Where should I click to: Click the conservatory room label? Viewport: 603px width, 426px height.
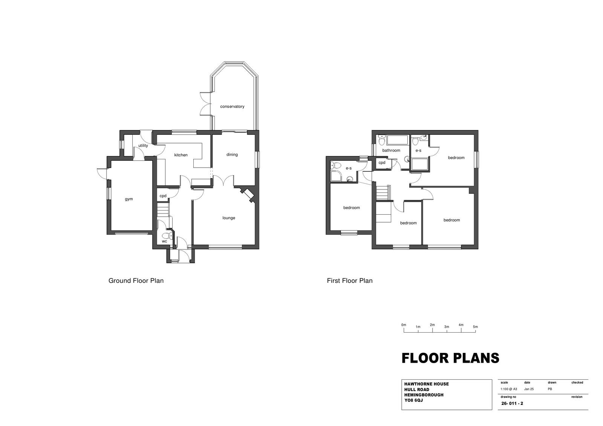click(x=232, y=107)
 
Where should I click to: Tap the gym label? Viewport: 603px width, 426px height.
click(x=129, y=199)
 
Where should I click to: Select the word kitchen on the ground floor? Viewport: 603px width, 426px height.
click(x=181, y=155)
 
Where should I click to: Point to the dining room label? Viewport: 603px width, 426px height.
click(x=232, y=154)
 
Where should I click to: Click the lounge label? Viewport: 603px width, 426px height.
click(x=229, y=218)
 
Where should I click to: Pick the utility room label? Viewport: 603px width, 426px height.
click(x=143, y=146)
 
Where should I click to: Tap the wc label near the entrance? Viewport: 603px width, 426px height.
click(x=164, y=241)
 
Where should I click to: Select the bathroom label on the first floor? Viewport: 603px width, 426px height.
click(x=391, y=150)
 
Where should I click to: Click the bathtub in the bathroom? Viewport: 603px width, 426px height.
click(x=398, y=140)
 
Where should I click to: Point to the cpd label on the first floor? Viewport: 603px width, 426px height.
click(x=382, y=163)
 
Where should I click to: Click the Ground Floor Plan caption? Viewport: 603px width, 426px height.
click(x=136, y=281)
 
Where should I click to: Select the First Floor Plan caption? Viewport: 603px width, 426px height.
click(x=350, y=281)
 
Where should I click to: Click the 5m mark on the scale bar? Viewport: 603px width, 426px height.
click(x=475, y=331)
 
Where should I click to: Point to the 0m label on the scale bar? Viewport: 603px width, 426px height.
click(x=404, y=325)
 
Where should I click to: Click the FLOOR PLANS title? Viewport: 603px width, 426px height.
click(x=450, y=358)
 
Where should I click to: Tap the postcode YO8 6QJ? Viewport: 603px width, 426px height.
click(x=413, y=400)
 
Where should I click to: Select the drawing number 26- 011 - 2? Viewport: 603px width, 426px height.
click(x=512, y=403)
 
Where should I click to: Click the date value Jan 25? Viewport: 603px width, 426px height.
click(x=529, y=389)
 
